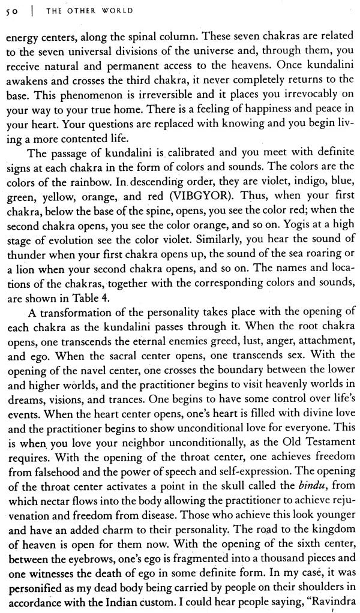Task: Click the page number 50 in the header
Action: tap(10, 11)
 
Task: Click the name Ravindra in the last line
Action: tap(330, 601)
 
